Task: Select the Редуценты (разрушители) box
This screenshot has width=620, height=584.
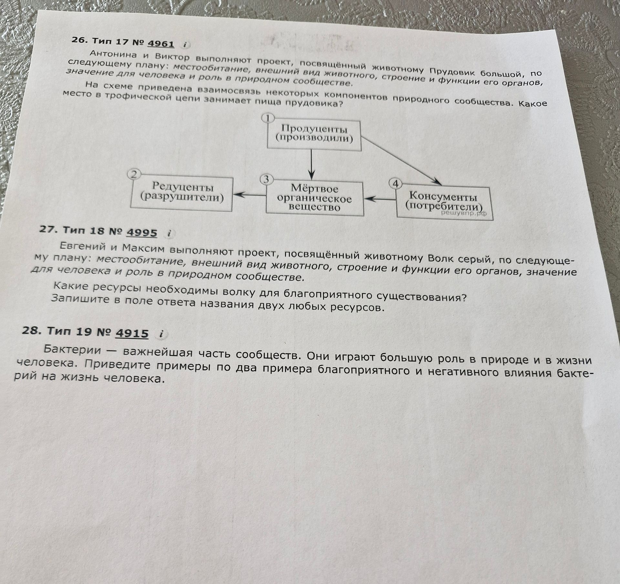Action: pos(182,194)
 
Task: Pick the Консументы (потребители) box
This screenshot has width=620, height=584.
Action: pos(445,203)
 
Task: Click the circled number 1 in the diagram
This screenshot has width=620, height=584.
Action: pos(268,118)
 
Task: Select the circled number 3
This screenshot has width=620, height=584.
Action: pos(266,179)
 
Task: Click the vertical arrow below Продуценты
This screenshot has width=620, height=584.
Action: pos(311,165)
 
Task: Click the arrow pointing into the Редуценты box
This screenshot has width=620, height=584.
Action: pos(249,195)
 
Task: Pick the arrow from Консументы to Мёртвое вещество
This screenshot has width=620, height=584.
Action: pos(380,200)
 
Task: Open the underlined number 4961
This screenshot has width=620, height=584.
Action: pos(160,44)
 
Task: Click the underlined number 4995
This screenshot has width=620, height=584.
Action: pos(142,232)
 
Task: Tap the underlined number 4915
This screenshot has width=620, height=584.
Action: pos(132,333)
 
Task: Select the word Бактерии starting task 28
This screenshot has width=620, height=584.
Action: pos(73,349)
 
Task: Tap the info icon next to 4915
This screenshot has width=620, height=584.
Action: pos(161,334)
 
